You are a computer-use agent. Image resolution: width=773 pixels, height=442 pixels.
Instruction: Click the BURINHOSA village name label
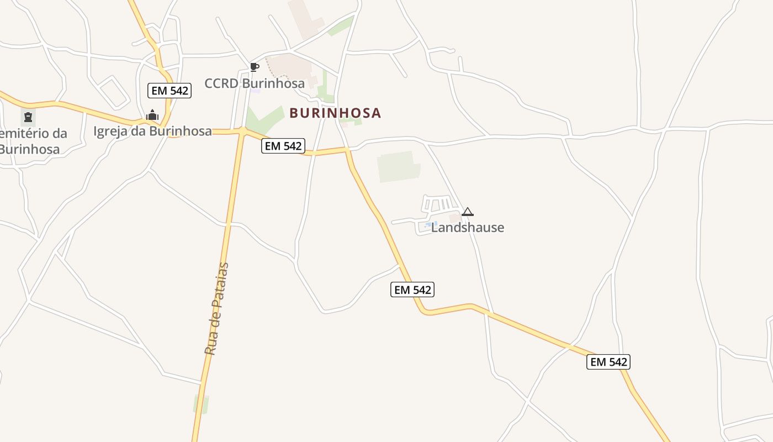click(335, 113)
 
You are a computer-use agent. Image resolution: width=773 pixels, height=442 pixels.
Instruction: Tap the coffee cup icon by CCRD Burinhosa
click(254, 67)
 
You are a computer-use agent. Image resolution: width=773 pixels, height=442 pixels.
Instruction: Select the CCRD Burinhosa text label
click(255, 83)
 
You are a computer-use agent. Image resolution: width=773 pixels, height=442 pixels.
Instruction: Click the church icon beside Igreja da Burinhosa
click(152, 115)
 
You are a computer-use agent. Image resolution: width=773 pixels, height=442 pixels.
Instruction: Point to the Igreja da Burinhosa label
click(152, 131)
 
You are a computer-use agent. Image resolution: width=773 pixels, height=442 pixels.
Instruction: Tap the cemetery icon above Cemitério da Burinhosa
click(28, 117)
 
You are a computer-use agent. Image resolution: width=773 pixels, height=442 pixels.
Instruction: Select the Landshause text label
click(468, 228)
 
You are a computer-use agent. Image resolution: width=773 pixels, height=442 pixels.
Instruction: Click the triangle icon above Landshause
click(468, 212)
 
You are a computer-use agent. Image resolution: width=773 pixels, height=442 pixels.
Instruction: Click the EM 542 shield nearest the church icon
click(170, 91)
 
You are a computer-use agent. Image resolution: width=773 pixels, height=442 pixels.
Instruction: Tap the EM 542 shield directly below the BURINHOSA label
click(283, 146)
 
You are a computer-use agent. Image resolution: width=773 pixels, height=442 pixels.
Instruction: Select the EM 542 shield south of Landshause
click(412, 290)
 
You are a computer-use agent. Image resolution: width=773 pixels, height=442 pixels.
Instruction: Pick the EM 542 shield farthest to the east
click(608, 362)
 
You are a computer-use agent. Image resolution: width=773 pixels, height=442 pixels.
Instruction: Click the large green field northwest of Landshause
click(398, 166)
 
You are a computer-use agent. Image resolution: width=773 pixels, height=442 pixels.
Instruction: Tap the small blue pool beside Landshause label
click(428, 225)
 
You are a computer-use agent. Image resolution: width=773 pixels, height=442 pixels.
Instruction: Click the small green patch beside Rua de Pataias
click(202, 404)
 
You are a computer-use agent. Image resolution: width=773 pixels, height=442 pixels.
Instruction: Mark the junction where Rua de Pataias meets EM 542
click(242, 131)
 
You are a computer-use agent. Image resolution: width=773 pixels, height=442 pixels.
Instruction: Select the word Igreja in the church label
click(112, 131)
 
